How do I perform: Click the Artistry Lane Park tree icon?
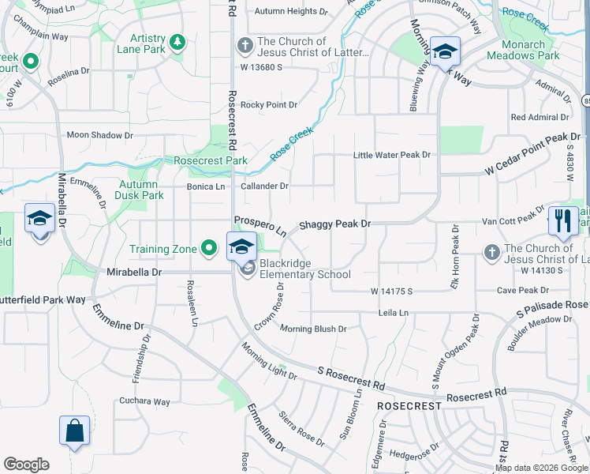click(x=178, y=41)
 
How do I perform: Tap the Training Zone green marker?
click(x=209, y=249)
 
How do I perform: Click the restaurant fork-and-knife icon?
click(x=562, y=221)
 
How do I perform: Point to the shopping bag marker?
click(x=74, y=431)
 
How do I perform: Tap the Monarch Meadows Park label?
click(x=522, y=50)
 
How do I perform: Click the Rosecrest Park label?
click(x=211, y=160)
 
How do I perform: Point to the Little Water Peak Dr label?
click(x=392, y=155)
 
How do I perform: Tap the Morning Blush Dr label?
click(x=313, y=329)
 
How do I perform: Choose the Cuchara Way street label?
click(x=144, y=401)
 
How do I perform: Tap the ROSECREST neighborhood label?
click(x=409, y=405)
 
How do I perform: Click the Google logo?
click(x=26, y=465)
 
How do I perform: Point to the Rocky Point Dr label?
click(x=269, y=104)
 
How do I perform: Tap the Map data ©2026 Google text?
click(x=541, y=468)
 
